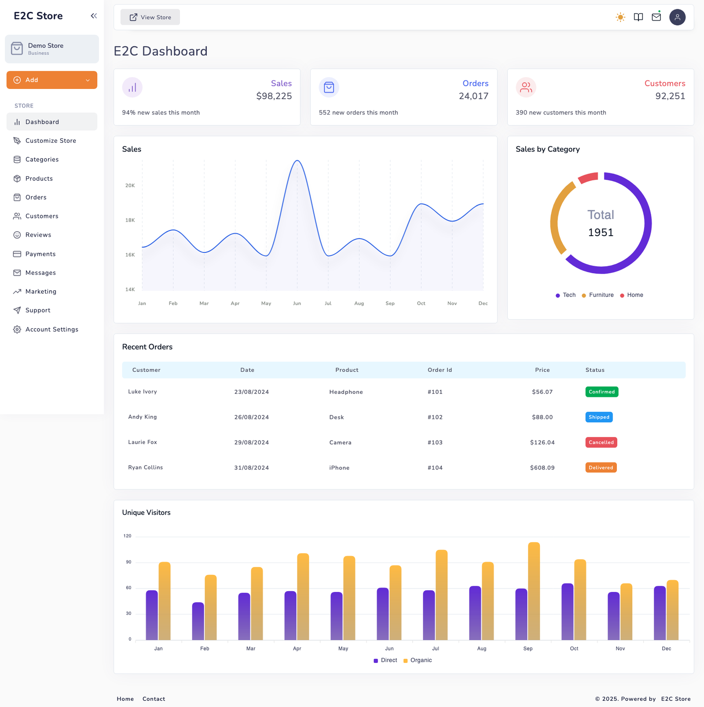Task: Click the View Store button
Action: (x=150, y=17)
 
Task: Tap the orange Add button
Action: (x=51, y=80)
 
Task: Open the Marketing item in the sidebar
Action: (x=40, y=292)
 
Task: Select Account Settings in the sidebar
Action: (x=51, y=329)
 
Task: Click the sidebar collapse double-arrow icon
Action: (x=94, y=16)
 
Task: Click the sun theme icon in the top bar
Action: (x=620, y=17)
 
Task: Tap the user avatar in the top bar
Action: (x=677, y=17)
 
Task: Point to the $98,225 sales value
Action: (x=274, y=96)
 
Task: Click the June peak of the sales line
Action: (x=297, y=161)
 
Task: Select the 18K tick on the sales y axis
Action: (x=130, y=220)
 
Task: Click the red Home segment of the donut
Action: (x=588, y=178)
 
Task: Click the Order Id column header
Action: (x=440, y=370)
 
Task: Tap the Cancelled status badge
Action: (x=601, y=442)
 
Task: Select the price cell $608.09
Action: (x=542, y=468)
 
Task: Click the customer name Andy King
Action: (x=142, y=417)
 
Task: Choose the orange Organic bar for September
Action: (x=534, y=590)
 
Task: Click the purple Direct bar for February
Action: (x=198, y=621)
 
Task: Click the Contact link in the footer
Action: (x=154, y=699)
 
